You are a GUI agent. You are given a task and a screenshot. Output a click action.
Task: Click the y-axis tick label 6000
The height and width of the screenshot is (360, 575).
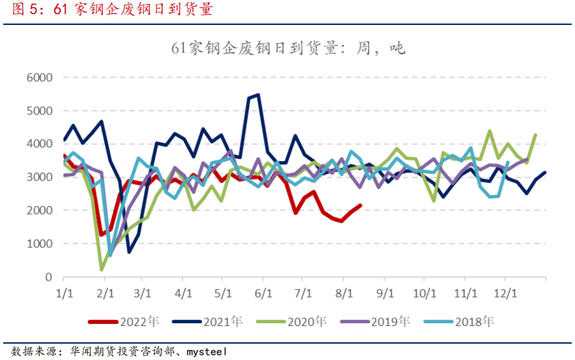40,77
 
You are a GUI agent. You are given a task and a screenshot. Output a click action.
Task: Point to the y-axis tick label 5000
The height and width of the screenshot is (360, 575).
40,111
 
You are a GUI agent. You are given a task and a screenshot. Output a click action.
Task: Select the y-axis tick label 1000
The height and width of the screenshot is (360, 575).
40,244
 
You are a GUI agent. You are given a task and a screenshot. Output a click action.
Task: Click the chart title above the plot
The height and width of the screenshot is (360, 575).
288,47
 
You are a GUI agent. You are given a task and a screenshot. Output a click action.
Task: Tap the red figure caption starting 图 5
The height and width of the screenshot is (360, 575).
108,10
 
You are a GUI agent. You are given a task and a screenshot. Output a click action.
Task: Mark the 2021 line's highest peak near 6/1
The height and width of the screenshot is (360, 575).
258,95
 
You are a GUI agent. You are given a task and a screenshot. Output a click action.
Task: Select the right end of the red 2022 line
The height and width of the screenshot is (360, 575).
360,205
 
